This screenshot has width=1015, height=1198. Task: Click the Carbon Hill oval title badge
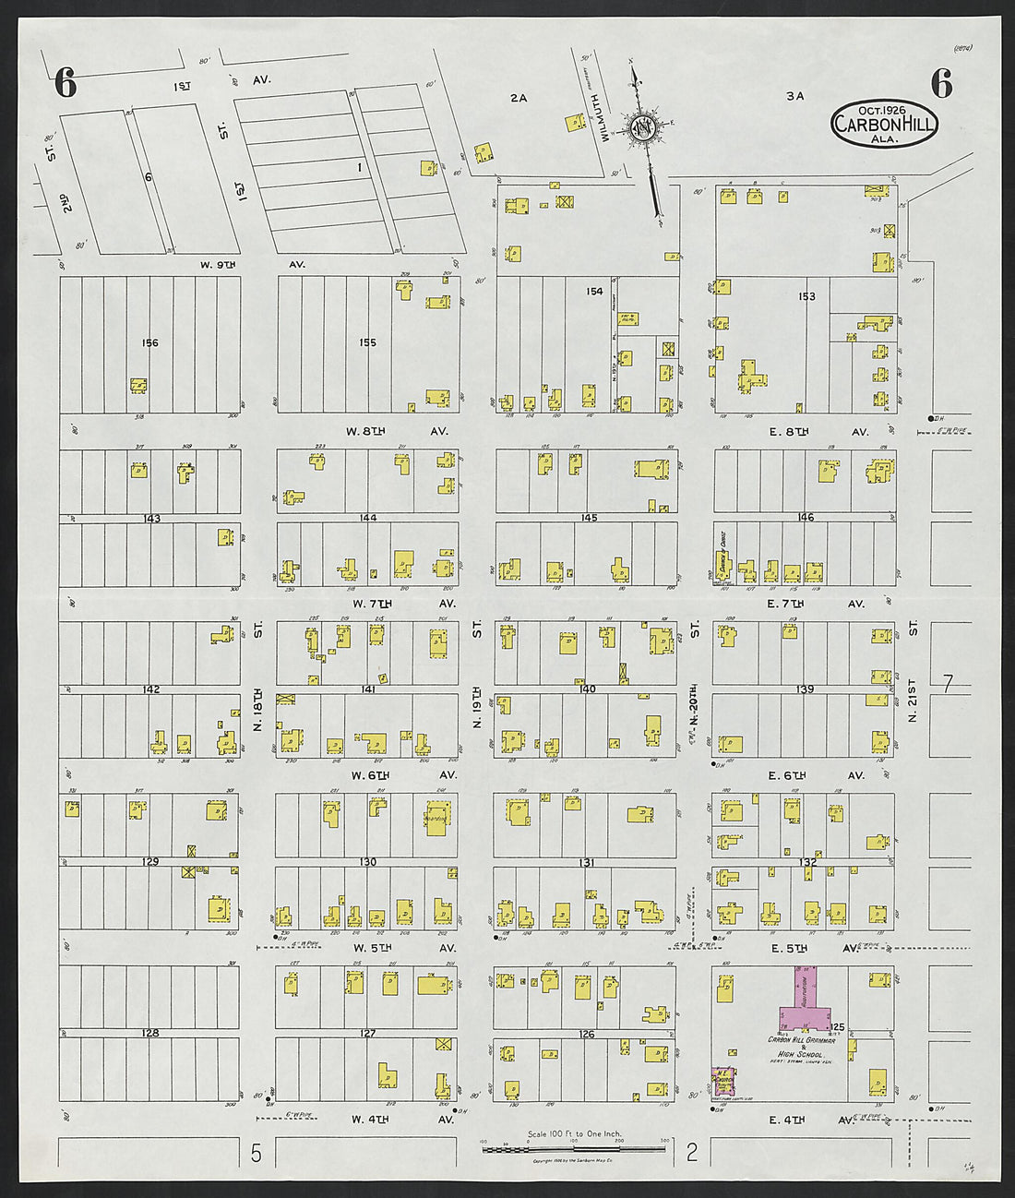[x=884, y=124]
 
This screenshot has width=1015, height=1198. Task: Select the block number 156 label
[x=149, y=343]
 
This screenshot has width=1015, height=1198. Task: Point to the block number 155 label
[x=367, y=343]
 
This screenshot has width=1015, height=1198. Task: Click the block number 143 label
[x=151, y=519]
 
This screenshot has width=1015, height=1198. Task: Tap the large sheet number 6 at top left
[x=65, y=85]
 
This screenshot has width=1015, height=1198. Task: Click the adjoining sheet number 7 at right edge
[x=947, y=684]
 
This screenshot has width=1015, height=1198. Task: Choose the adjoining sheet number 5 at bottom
[x=257, y=1153]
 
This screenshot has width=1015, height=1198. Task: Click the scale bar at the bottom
[x=574, y=1143]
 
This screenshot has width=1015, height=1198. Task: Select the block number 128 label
[x=149, y=1034]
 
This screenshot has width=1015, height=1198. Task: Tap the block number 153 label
[x=806, y=297]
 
